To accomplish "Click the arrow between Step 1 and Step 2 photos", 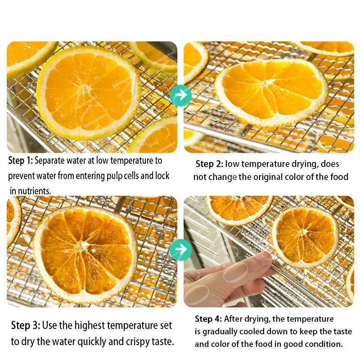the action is coord(181,95).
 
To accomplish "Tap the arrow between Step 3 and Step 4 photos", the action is coord(181,250).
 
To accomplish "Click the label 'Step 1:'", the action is coord(21,161).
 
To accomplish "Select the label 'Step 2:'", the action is coord(209,164).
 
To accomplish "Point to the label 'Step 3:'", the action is coord(26,325).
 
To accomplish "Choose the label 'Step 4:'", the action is coord(208,319).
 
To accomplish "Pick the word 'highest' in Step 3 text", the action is coord(90,325).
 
